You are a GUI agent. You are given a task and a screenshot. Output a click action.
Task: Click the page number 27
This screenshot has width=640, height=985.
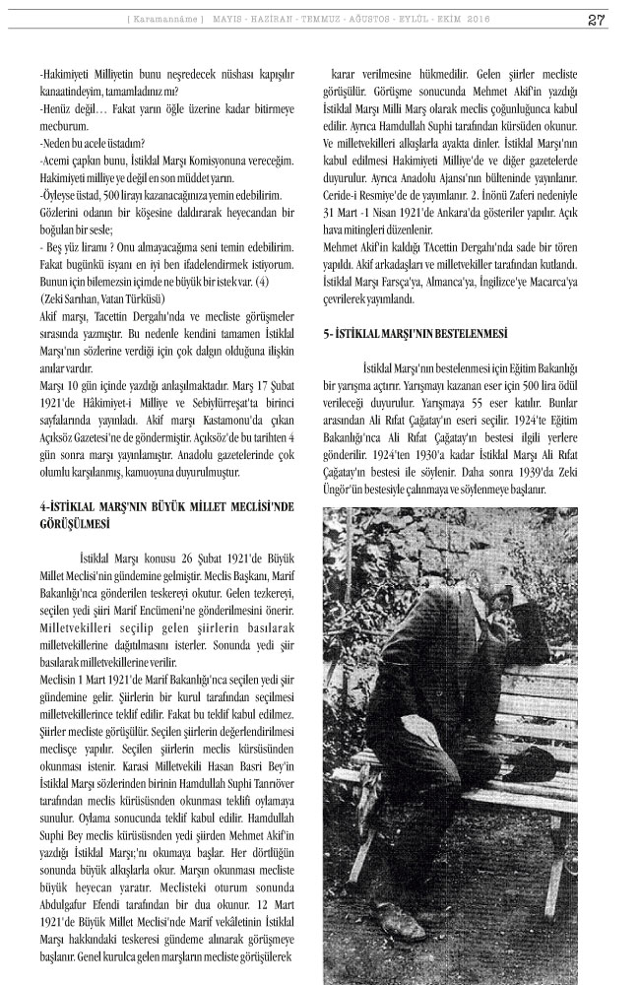pos(596,20)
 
